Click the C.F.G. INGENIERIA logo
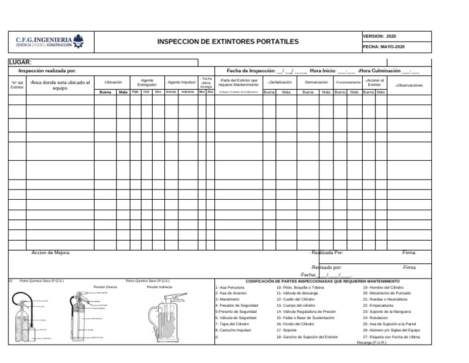50,42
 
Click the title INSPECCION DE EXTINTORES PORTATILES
228,42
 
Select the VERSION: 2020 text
379,37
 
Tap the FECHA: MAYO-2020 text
384,47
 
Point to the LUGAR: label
20,62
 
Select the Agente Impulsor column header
181,82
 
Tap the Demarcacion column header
316,82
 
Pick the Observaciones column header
409,86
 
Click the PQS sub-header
136,92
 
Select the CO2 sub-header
147,92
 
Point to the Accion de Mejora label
51,252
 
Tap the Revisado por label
326,268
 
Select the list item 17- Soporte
286,330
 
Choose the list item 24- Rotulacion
375,318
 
